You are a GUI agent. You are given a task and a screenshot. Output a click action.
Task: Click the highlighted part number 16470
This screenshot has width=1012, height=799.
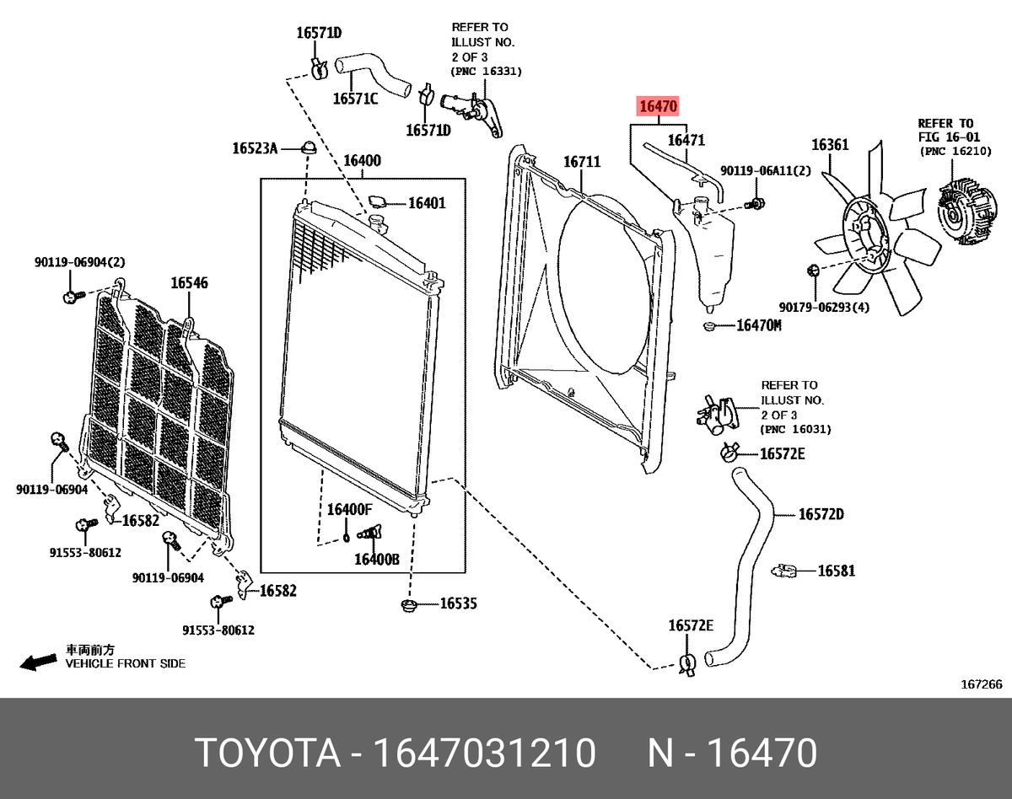click(658, 107)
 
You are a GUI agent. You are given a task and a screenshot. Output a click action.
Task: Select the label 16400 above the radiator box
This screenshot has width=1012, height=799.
click(362, 161)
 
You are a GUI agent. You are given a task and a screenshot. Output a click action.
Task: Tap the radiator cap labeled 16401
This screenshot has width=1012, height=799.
click(377, 203)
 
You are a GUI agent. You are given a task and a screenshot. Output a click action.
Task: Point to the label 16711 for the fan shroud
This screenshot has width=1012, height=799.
click(581, 161)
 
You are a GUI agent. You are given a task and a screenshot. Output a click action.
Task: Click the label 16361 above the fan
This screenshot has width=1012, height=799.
click(830, 145)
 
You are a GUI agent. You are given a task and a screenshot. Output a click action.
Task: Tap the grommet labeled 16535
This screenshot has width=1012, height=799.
click(411, 605)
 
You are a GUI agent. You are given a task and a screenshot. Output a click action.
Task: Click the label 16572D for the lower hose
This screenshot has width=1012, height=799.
click(821, 514)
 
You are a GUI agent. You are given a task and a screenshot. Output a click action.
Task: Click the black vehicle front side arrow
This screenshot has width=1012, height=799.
click(39, 662)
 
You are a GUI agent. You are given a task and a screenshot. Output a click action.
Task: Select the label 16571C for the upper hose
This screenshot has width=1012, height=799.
click(355, 99)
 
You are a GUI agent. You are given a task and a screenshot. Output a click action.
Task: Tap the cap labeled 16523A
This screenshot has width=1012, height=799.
click(309, 148)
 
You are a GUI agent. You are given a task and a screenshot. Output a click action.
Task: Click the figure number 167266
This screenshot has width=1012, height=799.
click(982, 684)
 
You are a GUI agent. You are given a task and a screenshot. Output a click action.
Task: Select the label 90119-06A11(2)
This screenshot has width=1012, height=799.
click(765, 171)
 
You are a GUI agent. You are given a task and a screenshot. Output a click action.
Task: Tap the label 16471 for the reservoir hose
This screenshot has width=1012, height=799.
click(686, 141)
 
